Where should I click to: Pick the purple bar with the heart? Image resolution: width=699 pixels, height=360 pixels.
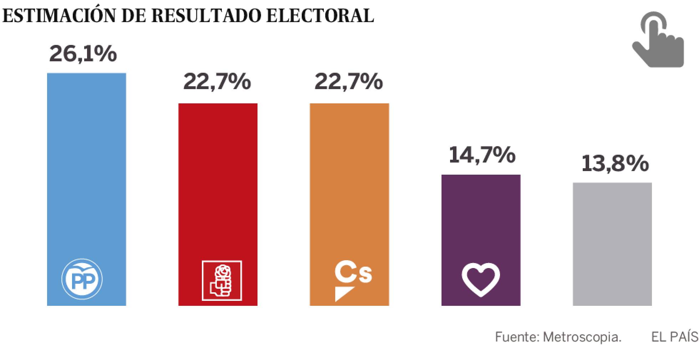pos(481,221)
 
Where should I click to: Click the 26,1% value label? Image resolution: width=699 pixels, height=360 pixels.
pos(83,54)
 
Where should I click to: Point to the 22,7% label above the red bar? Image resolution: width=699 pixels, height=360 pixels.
pos(217,82)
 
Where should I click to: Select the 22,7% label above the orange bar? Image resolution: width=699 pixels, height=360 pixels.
pos(349,82)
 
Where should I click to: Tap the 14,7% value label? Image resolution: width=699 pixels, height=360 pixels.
pos(482,155)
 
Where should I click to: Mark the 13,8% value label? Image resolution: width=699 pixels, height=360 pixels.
pos(615,164)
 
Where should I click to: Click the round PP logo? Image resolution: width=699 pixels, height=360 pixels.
pos(82,279)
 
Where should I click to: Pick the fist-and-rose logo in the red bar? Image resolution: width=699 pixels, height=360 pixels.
pos(222,281)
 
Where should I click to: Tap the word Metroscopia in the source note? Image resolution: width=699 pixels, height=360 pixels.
pos(582,337)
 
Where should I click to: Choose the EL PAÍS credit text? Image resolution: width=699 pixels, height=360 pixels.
pos(674,337)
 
